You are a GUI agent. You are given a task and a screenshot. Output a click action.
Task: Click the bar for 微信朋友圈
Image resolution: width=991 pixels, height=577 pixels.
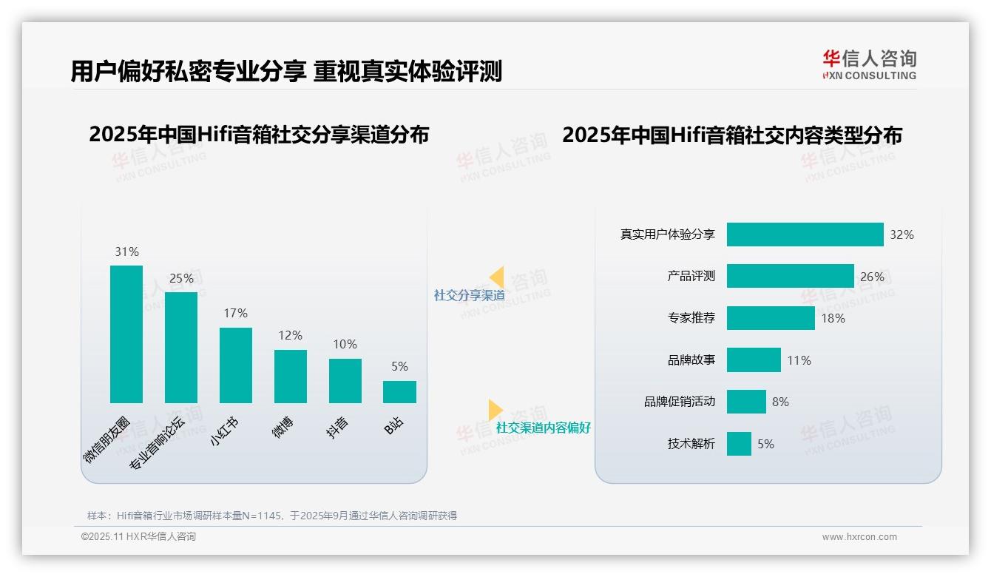126,334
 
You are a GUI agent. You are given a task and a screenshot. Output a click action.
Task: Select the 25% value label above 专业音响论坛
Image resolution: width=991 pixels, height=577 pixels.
181,279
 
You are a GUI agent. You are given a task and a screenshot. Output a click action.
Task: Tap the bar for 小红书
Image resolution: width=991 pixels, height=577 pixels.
236,365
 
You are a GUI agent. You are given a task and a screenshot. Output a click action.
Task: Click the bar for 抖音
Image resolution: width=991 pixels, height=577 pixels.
345,381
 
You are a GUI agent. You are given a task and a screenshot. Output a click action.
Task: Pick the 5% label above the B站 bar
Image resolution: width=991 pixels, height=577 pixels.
399,367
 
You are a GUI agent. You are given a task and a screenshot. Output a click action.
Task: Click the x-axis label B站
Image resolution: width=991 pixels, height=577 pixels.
395,426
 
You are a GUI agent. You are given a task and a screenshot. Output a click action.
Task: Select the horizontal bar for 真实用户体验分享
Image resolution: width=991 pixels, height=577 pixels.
805,234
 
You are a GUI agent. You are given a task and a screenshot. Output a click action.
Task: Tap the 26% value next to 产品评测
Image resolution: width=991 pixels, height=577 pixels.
872,277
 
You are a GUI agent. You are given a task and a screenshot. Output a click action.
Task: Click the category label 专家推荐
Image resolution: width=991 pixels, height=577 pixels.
691,318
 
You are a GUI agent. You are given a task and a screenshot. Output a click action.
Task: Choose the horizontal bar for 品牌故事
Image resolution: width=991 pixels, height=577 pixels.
754,360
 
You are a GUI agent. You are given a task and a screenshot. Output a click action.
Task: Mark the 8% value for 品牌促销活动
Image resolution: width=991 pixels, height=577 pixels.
780,402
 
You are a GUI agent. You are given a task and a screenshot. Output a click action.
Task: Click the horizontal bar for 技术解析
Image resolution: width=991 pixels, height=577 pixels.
739,444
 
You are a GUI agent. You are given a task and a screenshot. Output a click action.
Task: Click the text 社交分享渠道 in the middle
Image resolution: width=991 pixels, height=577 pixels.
469,296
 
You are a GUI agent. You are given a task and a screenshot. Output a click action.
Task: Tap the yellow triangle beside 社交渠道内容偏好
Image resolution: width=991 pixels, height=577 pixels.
495,410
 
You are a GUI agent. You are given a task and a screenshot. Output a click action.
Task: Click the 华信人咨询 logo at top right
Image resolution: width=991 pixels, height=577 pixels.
869,65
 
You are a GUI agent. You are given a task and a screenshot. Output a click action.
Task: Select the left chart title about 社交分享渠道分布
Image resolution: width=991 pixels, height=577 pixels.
259,135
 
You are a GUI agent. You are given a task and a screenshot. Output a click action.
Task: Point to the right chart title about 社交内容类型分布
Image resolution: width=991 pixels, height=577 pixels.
731,135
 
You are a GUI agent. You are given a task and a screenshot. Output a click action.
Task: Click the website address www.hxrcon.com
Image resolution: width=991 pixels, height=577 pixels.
859,537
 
